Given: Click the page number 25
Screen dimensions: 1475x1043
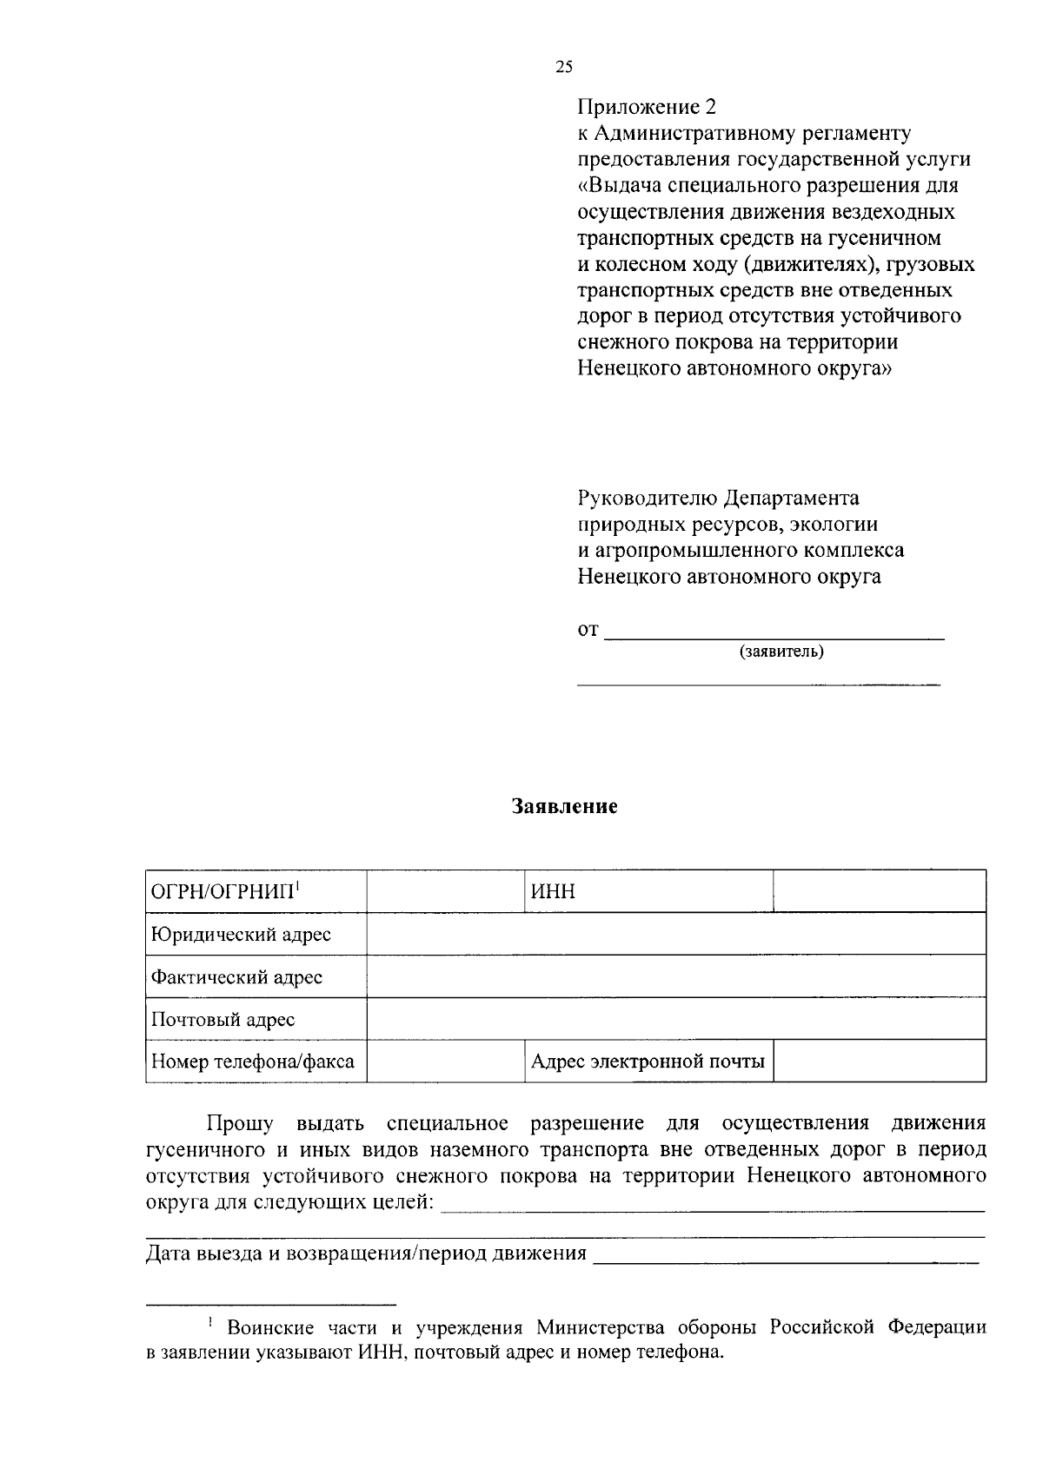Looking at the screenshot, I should (564, 68).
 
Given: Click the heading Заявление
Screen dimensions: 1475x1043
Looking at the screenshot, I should (564, 806).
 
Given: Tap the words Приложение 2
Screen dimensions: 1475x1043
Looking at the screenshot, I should (648, 107).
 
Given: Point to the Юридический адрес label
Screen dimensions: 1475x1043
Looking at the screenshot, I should (241, 935).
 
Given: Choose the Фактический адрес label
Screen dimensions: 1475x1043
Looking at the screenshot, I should (236, 977).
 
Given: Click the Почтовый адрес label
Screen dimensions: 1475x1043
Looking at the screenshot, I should (223, 1020).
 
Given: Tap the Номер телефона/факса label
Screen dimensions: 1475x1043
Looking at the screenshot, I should (252, 1062).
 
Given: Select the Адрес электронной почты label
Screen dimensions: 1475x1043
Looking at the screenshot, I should (648, 1062).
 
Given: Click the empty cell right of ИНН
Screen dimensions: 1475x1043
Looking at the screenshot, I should (879, 891).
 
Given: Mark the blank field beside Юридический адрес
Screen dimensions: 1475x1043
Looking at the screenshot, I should (675, 934).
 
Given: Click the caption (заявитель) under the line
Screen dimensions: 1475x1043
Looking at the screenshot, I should (781, 652).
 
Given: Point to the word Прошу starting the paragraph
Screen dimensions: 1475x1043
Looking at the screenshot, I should (239, 1124).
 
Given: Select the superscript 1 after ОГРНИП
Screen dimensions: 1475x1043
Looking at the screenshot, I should (297, 885).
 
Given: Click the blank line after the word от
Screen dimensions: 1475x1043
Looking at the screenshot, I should (774, 633).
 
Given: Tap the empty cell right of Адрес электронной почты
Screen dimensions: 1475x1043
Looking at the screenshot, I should (879, 1062).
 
